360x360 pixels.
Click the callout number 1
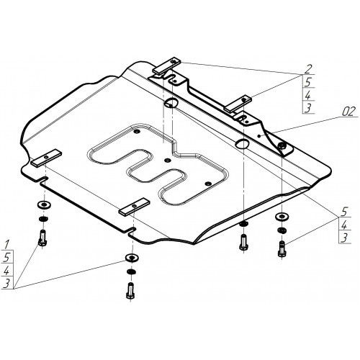click(7, 245)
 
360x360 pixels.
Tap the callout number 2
click(308, 69)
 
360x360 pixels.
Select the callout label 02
click(348, 112)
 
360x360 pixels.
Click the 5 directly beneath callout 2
click(308, 82)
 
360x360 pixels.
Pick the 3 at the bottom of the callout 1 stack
click(6, 284)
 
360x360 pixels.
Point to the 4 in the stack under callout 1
click(6, 271)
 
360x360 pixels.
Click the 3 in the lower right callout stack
click(344, 238)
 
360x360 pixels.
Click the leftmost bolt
click(42, 238)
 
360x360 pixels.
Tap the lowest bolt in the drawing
click(130, 291)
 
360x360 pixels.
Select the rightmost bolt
click(282, 249)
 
